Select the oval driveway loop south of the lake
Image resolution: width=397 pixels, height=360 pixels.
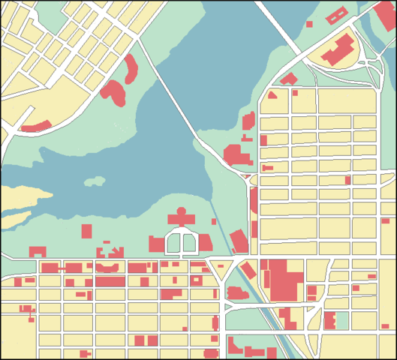point(181,242)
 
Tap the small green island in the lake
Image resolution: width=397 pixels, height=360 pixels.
point(95,181)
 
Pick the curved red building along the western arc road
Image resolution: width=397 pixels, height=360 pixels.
point(35,125)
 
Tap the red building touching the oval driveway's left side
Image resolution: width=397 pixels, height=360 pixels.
point(156,244)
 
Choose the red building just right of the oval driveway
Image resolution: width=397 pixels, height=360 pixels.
point(204,241)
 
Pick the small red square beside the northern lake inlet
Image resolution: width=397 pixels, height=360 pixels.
point(308,24)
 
